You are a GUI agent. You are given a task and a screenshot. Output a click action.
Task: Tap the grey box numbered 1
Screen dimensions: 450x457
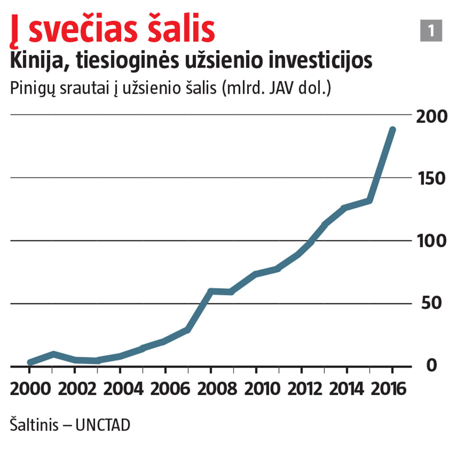tap(431, 31)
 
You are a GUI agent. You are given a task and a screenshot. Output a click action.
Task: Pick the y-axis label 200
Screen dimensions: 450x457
tap(432, 117)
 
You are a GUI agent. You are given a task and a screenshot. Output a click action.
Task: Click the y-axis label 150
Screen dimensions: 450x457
tap(432, 179)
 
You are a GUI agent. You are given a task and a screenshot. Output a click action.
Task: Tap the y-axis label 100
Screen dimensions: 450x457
tap(432, 241)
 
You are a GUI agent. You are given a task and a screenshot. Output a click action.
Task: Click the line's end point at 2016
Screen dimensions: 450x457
tap(392, 130)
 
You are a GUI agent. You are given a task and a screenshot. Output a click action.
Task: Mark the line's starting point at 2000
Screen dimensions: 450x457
tap(30, 362)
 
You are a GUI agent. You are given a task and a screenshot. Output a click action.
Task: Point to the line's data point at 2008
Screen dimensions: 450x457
tap(211, 291)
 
